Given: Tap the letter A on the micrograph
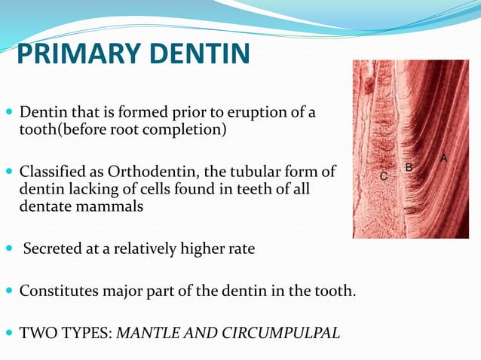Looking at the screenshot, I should coord(444,157).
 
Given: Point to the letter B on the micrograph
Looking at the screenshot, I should coord(409,167).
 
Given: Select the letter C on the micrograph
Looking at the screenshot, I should coord(383,176).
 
